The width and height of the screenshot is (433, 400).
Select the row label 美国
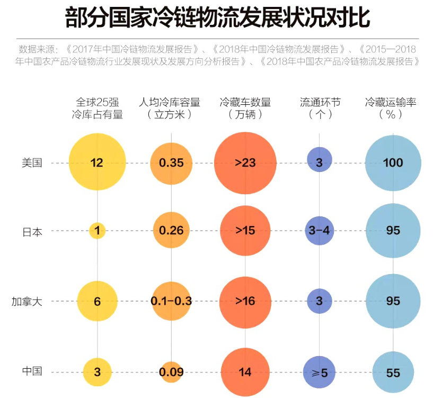point(32,163)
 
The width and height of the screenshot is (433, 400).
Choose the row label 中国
point(32,371)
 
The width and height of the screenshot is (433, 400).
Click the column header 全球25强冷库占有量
point(97,108)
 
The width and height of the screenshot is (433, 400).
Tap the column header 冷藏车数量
point(245,108)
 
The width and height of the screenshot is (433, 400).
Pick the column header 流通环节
point(320,108)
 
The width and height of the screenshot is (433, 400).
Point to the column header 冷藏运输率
point(393,108)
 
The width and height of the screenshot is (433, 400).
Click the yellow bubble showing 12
point(97,162)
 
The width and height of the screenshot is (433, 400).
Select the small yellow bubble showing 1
point(97,231)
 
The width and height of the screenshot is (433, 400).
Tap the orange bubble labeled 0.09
point(171,372)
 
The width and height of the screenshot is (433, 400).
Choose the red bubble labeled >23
point(245,162)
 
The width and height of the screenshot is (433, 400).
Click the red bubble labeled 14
point(245,372)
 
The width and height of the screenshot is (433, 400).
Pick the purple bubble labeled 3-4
point(320,231)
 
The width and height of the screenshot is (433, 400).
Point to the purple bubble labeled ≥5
point(320,372)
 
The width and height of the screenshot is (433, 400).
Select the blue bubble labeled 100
point(393,162)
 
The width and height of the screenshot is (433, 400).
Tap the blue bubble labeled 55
point(393,372)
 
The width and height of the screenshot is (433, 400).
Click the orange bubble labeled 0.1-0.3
point(171,301)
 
